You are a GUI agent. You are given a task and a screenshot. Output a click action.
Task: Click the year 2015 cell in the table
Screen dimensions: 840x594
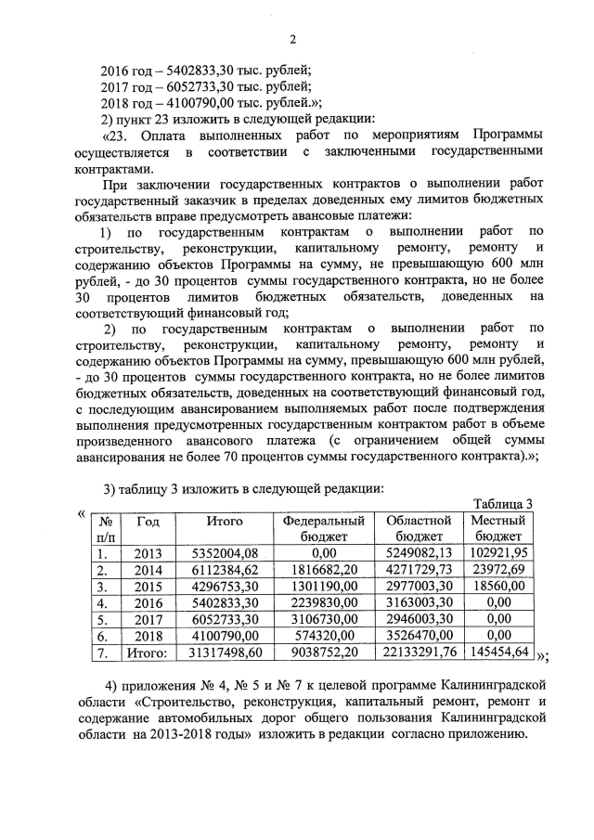(148, 587)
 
